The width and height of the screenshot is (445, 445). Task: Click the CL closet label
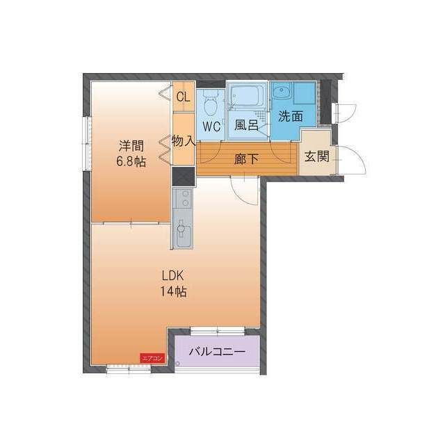183,97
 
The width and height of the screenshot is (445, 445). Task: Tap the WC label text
211,127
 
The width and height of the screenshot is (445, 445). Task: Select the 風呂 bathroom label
246,126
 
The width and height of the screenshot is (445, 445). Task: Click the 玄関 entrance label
316,156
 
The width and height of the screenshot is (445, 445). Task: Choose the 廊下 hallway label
246,159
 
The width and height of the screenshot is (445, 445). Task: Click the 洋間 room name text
131,146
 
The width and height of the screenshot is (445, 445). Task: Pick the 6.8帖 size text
131,162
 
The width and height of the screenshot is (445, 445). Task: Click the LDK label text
172,275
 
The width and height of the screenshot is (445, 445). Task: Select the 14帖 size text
172,291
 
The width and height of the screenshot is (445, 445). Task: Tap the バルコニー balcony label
217,353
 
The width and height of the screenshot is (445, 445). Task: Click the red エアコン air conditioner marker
152,358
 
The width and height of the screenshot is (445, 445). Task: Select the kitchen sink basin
183,229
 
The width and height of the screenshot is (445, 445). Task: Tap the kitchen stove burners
183,200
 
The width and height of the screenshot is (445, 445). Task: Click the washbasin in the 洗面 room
282,92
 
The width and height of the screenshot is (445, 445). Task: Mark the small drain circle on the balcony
178,364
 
